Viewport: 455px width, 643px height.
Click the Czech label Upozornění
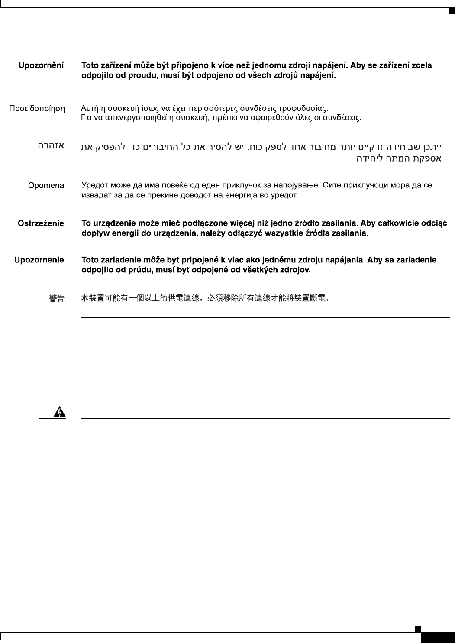pos(41,66)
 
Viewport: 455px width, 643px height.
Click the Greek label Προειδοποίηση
pos(37,108)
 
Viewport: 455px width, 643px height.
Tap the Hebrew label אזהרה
pos(51,146)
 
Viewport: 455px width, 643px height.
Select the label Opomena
pos(46,186)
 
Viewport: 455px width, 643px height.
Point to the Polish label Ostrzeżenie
pos(41,224)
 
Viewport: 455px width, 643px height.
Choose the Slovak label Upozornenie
pos(39,260)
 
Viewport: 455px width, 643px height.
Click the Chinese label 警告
pos(57,298)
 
